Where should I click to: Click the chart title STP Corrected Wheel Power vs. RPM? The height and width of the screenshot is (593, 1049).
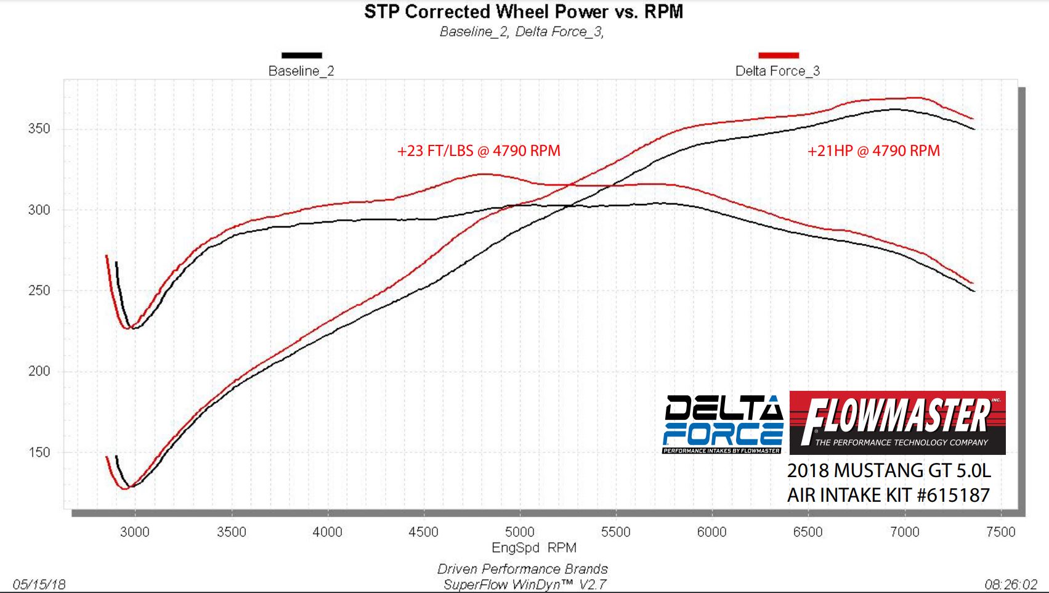tap(524, 12)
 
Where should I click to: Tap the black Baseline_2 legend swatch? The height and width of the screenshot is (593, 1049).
tap(302, 55)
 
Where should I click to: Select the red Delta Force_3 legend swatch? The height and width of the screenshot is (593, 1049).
tap(779, 55)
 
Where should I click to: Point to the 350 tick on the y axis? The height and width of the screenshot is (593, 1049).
tap(39, 129)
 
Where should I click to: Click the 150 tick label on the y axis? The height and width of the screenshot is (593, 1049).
tap(39, 452)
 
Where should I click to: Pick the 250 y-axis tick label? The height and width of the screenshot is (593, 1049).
tap(39, 290)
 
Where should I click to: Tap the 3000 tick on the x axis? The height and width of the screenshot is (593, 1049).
tap(135, 532)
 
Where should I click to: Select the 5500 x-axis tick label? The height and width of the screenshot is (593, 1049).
tap(616, 532)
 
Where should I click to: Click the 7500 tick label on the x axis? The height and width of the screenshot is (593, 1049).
tap(1000, 532)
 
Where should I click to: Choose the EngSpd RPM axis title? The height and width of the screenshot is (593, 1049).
tap(533, 548)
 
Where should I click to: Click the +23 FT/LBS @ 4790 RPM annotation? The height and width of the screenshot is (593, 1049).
tap(479, 151)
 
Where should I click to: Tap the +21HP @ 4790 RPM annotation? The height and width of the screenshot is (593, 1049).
tap(873, 151)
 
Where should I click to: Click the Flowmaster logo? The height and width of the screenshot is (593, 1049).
tap(897, 423)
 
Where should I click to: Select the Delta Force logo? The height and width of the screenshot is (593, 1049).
tap(723, 424)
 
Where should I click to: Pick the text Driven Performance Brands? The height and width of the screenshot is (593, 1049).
tap(522, 569)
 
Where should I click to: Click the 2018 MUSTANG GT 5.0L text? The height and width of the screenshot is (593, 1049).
tap(889, 471)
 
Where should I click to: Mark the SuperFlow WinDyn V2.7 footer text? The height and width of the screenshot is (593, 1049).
tap(525, 584)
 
